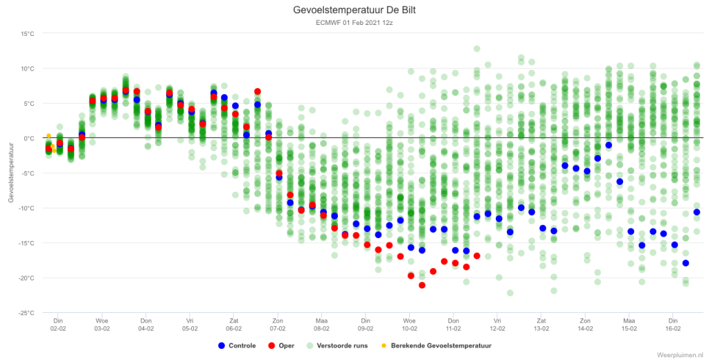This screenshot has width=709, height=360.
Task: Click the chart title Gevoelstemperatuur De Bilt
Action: coord(354,10)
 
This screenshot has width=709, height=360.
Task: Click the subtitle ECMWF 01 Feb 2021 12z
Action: coord(354,23)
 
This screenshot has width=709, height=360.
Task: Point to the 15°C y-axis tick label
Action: coord(27,34)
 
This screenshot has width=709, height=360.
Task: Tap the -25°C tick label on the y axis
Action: coord(26,313)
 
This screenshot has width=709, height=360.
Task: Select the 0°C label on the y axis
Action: coord(28,138)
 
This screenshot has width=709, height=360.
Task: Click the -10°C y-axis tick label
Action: coord(26,208)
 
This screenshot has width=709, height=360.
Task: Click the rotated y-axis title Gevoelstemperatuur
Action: coord(11,173)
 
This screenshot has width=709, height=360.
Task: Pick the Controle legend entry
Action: coord(237,345)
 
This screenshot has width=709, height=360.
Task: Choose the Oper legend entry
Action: coord(281,345)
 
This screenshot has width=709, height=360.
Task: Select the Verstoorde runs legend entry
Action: coord(337,345)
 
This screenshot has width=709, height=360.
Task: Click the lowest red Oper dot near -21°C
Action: coord(422,285)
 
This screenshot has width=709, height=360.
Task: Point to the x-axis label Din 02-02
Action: coord(58,325)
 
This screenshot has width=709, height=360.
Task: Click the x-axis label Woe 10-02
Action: coord(410,325)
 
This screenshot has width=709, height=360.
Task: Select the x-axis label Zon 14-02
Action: coord(585,325)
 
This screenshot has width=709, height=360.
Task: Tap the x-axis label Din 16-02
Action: coord(673,325)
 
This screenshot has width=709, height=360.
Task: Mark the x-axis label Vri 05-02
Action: coord(190,325)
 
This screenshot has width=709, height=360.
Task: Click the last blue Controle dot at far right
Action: coord(697,212)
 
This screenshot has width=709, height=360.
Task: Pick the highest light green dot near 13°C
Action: coord(476,49)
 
